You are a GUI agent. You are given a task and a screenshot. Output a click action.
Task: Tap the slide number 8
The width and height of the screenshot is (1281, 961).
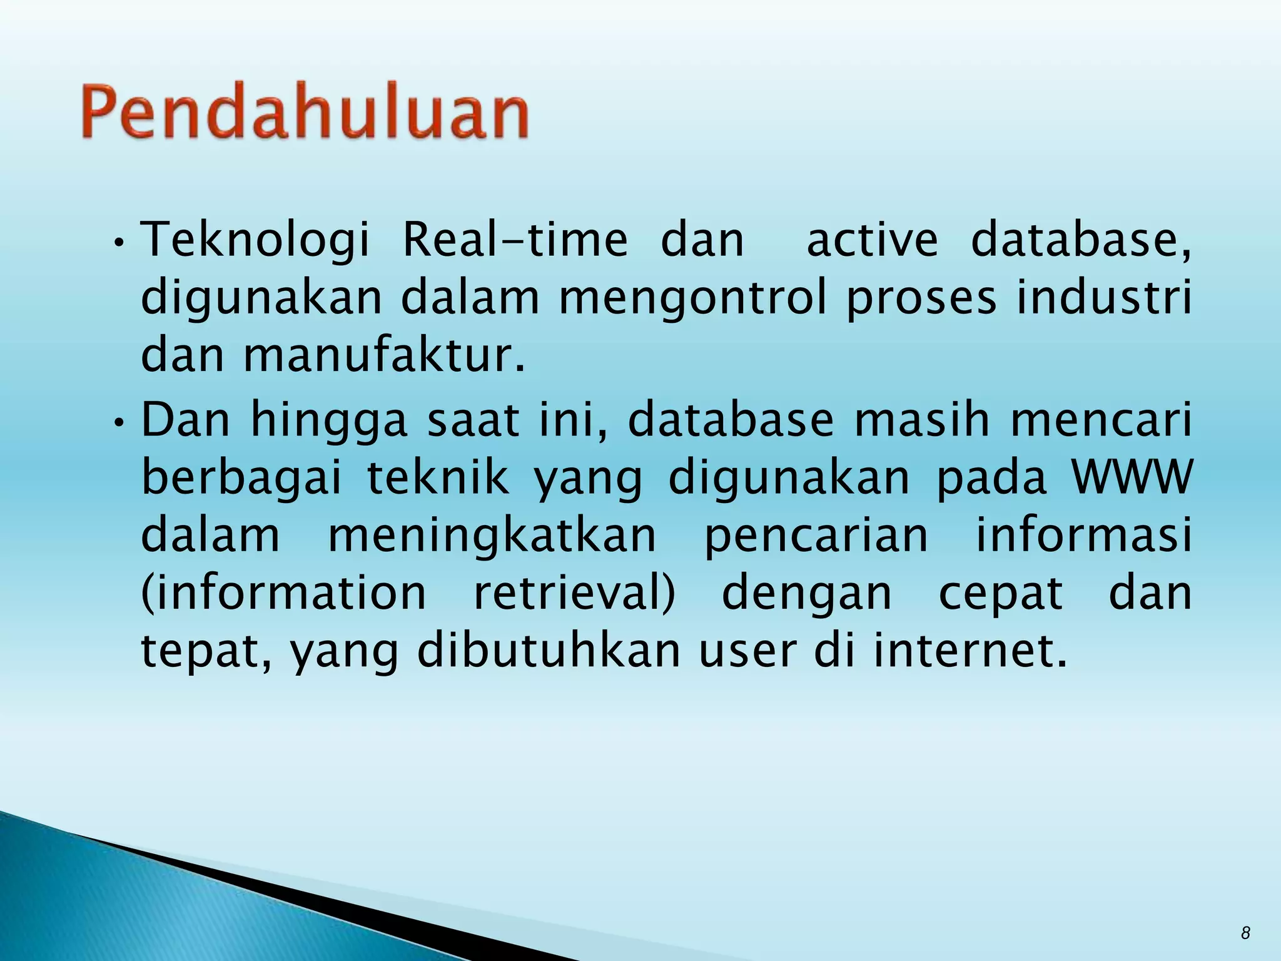tap(1245, 933)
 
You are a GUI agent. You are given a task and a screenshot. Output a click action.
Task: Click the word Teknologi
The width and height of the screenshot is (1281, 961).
tap(255, 241)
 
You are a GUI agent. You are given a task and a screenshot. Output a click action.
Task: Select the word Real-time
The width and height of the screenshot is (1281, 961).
tap(515, 241)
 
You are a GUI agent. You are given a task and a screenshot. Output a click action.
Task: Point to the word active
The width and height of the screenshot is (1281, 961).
tap(873, 241)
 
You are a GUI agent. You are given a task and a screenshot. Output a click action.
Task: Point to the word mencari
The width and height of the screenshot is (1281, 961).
tap(1101, 420)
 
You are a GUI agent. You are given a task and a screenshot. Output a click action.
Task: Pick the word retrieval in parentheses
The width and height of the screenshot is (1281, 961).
tap(574, 594)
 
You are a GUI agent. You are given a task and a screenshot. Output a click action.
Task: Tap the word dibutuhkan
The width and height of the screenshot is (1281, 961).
tap(549, 651)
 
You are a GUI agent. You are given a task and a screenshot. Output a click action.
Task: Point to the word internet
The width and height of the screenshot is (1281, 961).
tap(970, 651)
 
